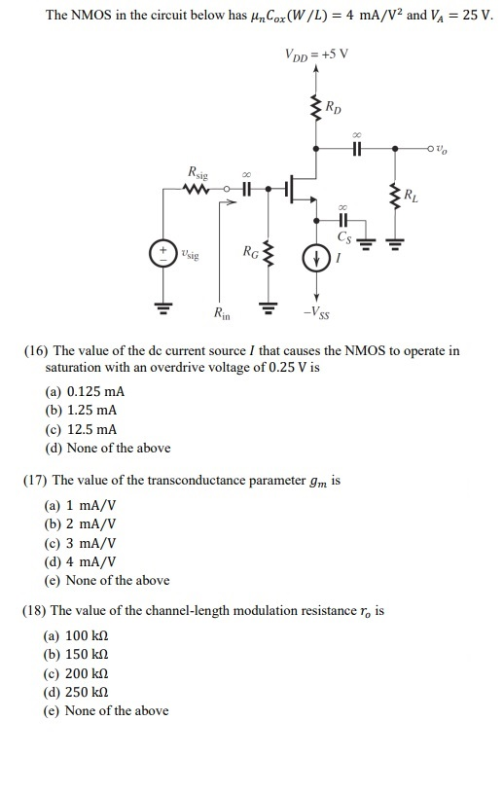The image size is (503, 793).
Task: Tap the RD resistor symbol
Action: [314, 108]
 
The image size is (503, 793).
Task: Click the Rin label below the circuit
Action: [222, 313]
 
